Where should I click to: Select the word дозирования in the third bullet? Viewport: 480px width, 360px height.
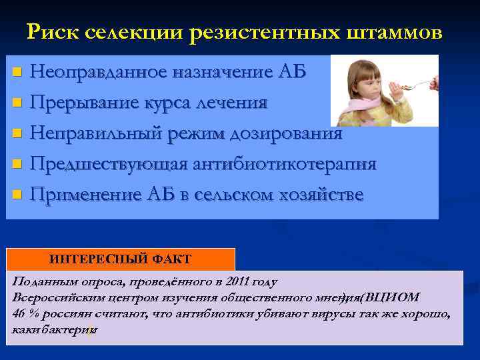point(287,133)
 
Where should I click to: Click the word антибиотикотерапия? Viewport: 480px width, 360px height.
point(282,164)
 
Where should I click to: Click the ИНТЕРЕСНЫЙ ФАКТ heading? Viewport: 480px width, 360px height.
point(120,259)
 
